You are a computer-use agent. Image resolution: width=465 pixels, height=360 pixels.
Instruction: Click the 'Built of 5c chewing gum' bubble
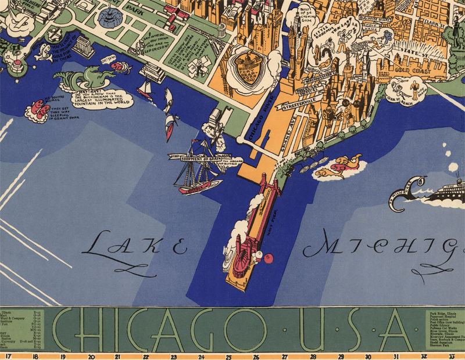307,15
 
